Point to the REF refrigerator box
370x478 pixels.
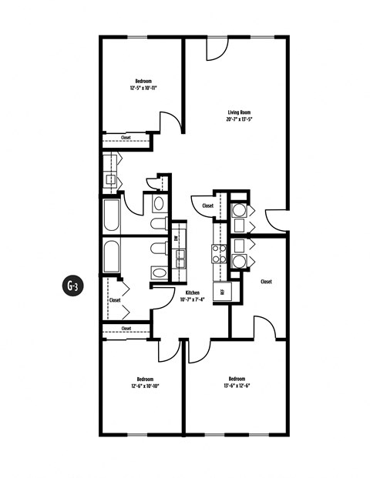(224, 291)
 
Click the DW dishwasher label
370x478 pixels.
(177, 239)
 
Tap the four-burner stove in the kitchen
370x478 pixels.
(218, 254)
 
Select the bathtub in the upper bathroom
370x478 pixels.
(111, 216)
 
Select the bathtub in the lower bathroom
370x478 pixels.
(111, 256)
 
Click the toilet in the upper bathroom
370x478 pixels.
(160, 224)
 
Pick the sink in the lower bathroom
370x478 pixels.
(160, 272)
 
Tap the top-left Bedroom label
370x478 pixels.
(143, 81)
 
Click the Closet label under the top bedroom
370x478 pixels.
(126, 139)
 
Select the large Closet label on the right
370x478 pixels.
(267, 282)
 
